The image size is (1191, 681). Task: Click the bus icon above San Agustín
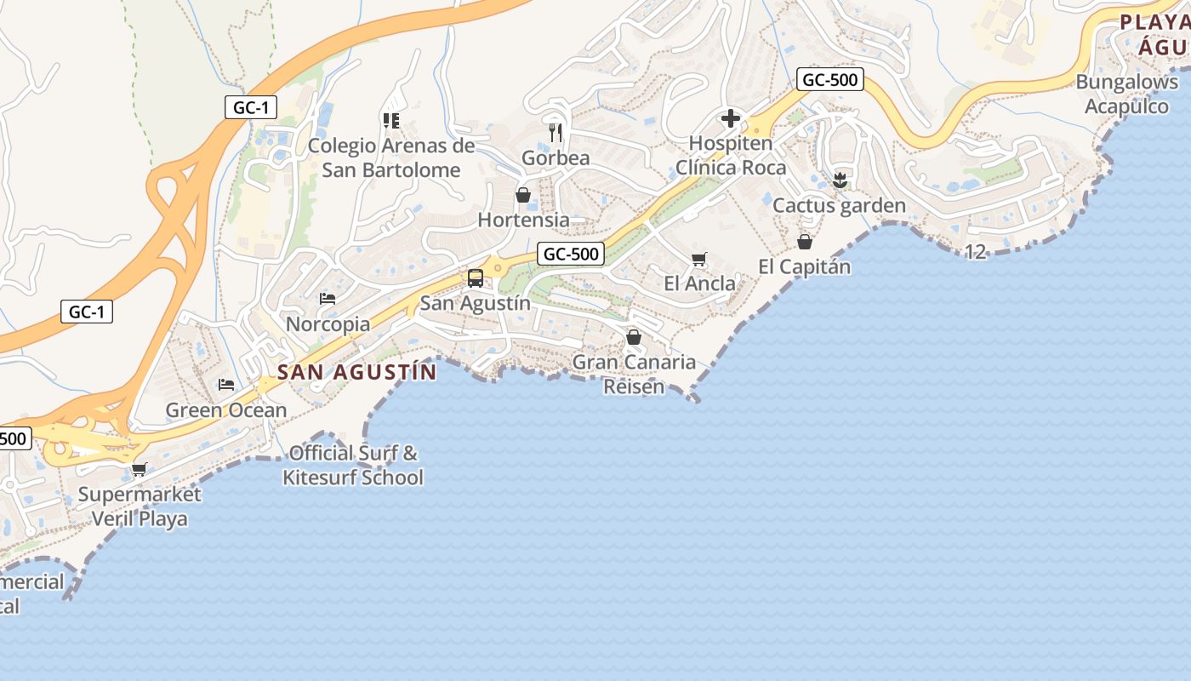point(476,278)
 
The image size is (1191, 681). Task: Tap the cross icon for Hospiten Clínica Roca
point(730,118)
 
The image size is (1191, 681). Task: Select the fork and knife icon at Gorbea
point(556,132)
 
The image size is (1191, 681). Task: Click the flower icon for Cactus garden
point(840,180)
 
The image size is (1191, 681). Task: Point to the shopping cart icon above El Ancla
point(699,259)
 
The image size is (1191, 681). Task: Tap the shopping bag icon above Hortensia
point(523,195)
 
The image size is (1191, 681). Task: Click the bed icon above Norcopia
point(328,299)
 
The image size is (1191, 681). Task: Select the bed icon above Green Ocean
point(226,385)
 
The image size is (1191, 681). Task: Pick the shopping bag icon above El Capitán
point(804,242)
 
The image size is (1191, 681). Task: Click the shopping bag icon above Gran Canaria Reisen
point(633,337)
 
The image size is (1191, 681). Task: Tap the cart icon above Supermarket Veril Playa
point(140,469)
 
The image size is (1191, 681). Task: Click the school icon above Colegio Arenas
point(391,121)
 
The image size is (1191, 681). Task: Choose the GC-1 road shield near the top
point(252,107)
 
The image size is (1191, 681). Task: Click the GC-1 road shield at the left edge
point(87,312)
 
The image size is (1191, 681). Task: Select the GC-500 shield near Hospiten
point(830,80)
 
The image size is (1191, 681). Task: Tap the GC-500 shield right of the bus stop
point(571,254)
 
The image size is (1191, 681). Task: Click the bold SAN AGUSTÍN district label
point(357,372)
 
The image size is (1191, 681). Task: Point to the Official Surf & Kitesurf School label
point(353,465)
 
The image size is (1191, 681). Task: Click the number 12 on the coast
point(976,251)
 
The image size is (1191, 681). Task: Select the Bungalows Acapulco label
point(1127,94)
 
